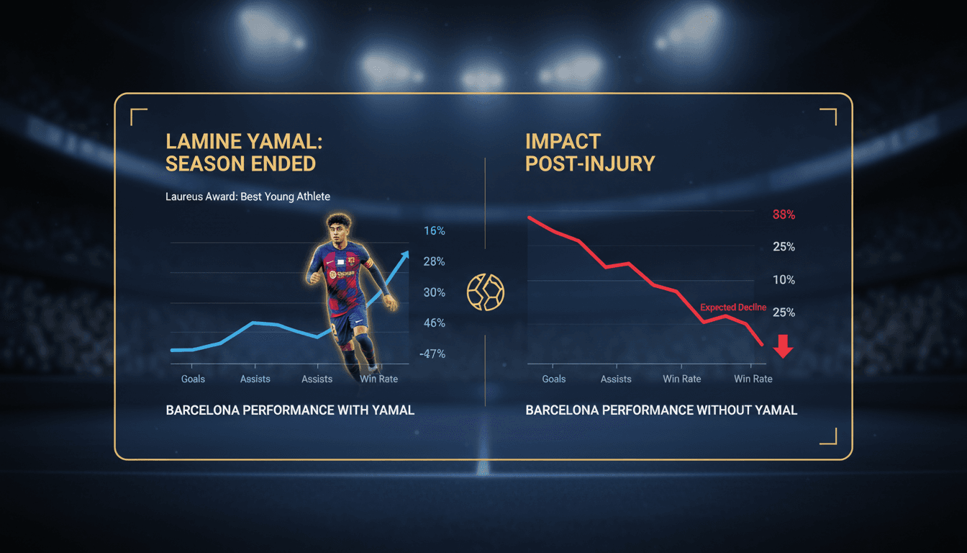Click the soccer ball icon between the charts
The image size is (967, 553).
point(486,292)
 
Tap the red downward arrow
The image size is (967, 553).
point(783,347)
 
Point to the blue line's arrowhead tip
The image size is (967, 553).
point(407,252)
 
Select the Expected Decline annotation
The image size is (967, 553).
point(733,307)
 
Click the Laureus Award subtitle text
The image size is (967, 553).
point(248,197)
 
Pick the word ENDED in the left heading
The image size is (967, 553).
point(281,163)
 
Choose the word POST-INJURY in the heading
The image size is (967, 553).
point(590,163)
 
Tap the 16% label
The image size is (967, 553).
point(435,231)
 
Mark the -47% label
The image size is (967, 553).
point(432,354)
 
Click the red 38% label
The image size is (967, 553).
point(784,215)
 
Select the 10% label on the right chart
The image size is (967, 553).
point(784,280)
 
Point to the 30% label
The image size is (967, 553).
point(435,292)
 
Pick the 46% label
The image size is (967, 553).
point(435,323)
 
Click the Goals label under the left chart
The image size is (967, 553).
point(193,379)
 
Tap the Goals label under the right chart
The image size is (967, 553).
point(554,379)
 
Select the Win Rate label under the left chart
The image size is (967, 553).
point(378,379)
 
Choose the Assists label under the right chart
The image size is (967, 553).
point(616,379)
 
